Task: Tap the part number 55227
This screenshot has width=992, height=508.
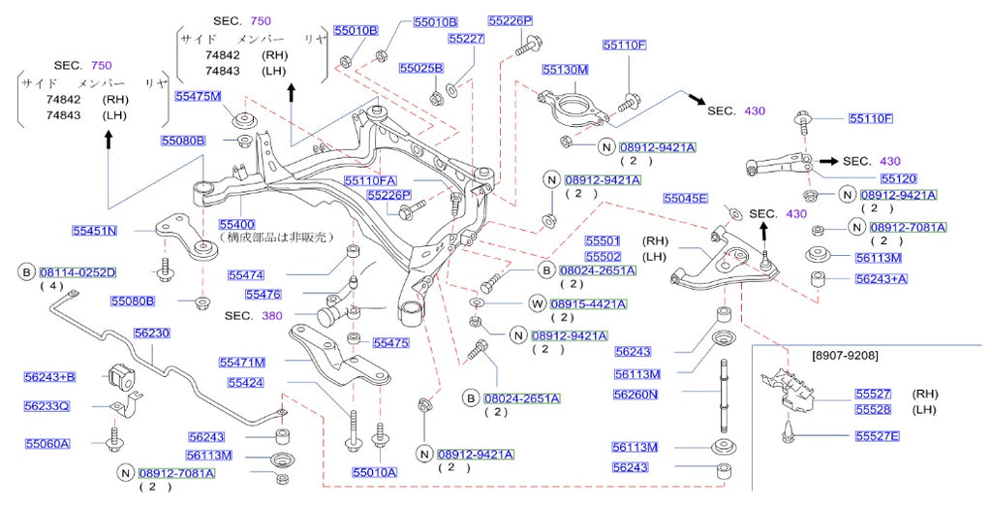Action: click(466, 39)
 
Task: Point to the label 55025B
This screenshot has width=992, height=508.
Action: click(421, 69)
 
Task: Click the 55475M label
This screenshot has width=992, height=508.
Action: click(199, 95)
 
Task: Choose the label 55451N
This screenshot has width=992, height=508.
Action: click(94, 231)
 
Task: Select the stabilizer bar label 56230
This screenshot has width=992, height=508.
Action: click(152, 333)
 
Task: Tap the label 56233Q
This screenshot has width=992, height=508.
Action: click(47, 406)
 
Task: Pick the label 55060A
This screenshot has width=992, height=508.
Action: click(47, 443)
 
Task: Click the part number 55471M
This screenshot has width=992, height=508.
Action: click(242, 362)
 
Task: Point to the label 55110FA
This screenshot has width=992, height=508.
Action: click(370, 180)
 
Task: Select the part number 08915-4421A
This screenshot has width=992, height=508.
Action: click(591, 303)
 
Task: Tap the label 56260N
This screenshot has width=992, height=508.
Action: click(635, 395)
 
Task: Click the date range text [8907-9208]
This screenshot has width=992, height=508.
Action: click(845, 356)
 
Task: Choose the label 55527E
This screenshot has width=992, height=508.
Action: click(877, 436)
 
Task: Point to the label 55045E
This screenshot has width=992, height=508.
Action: click(686, 198)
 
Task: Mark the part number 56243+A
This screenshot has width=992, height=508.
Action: click(881, 278)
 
